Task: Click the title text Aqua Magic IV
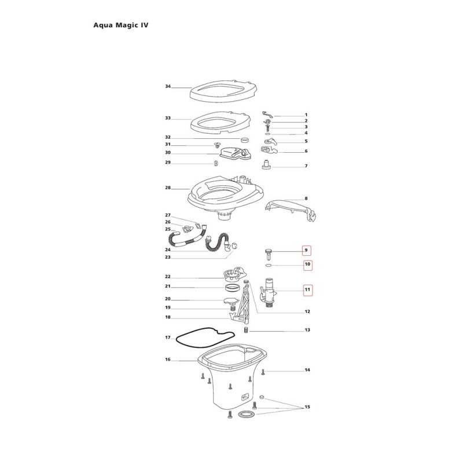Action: pos(121,25)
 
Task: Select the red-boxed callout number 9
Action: pos(307,251)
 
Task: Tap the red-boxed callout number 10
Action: pos(307,264)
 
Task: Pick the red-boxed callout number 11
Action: pos(307,290)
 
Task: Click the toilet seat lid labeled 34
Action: pos(223,91)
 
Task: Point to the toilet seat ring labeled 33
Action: pos(221,123)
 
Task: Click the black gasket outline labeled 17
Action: pos(205,336)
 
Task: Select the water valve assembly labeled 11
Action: pos(269,292)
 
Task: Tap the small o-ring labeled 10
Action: pos(269,266)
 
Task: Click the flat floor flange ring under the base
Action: pos(246,414)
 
